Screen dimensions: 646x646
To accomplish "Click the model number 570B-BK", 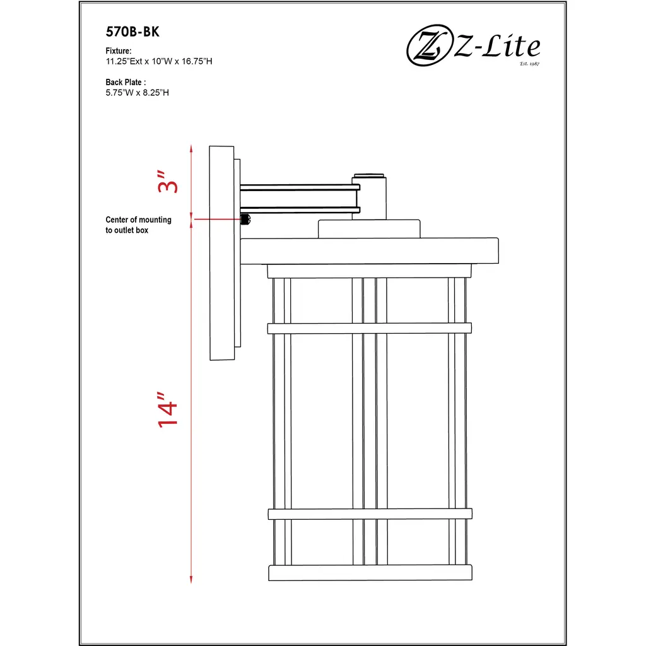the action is pos(132,32).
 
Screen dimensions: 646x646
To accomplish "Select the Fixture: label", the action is pos(118,50).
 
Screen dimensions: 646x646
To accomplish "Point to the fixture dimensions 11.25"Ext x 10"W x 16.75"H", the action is pos(158,61).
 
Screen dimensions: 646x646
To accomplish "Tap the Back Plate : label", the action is pos(126,82).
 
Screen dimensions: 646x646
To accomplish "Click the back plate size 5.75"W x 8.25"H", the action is pos(137,93).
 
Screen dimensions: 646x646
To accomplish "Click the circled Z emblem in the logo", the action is pos(429,45).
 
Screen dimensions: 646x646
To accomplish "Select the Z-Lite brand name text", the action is pos(497,45).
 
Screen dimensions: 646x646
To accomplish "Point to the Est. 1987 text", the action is pos(529,64).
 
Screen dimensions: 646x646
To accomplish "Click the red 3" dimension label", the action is pos(167,181).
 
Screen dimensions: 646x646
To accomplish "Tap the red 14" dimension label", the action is pos(167,409).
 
